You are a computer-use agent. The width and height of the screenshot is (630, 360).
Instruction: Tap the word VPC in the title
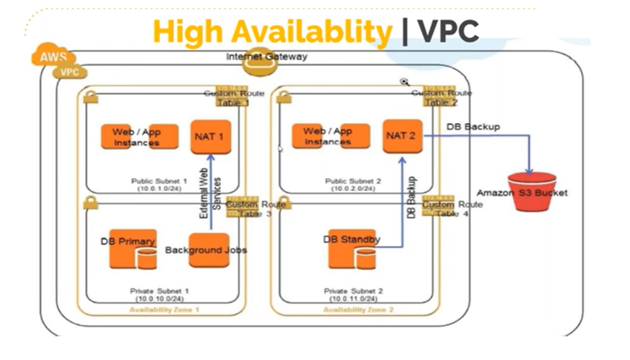point(449,31)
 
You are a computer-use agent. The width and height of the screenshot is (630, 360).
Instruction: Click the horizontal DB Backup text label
point(473,127)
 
